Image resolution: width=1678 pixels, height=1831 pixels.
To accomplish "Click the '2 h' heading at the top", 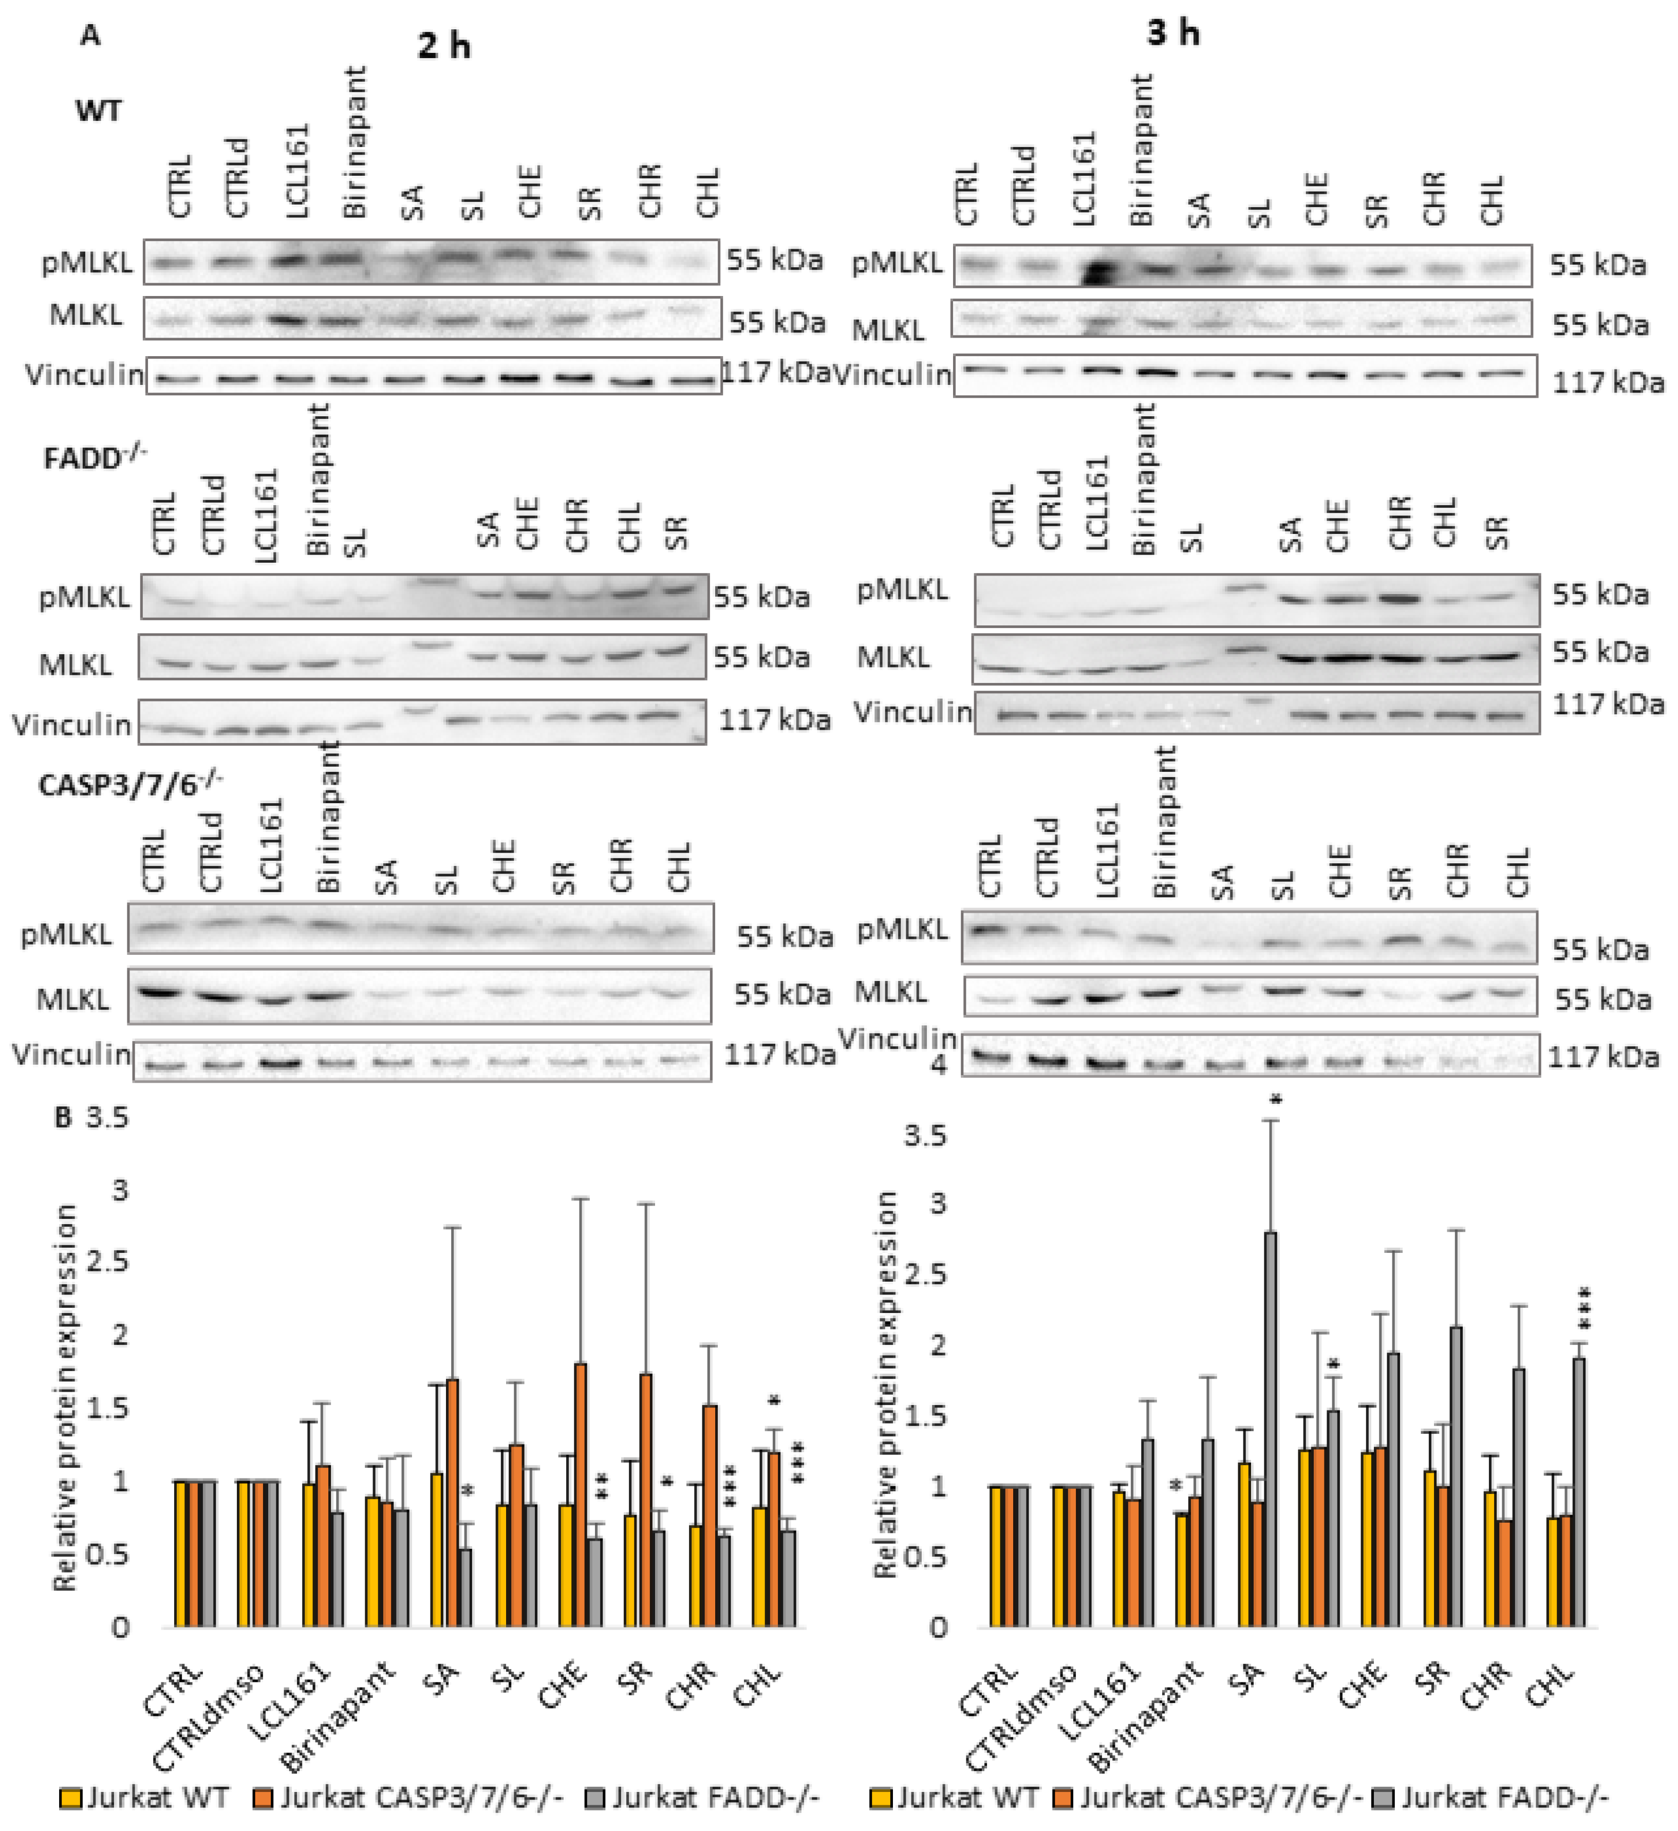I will [x=444, y=45].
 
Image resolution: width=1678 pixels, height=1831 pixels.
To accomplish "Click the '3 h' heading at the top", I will [x=1172, y=33].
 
